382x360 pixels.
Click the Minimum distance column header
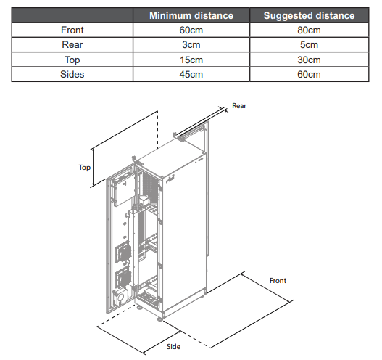click(191, 16)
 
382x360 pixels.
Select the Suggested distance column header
click(309, 16)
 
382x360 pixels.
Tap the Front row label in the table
click(72, 30)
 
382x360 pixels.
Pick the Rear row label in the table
click(72, 44)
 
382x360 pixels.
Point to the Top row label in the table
click(72, 60)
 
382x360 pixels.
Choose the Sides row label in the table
click(72, 74)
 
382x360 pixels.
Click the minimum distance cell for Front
click(191, 30)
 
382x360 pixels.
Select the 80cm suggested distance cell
click(309, 30)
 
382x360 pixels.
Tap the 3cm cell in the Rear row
click(191, 44)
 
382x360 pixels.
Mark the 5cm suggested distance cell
click(309, 44)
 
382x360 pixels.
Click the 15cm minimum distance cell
click(191, 60)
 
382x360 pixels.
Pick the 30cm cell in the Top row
click(309, 60)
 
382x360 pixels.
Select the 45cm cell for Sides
click(191, 74)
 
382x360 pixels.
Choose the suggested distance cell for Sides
click(309, 74)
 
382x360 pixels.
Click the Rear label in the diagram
click(239, 106)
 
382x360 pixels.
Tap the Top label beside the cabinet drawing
click(84, 168)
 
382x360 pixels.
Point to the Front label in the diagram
click(278, 281)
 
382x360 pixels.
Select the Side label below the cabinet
click(173, 347)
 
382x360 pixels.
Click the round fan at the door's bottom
click(120, 296)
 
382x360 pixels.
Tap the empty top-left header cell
click(72, 15)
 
